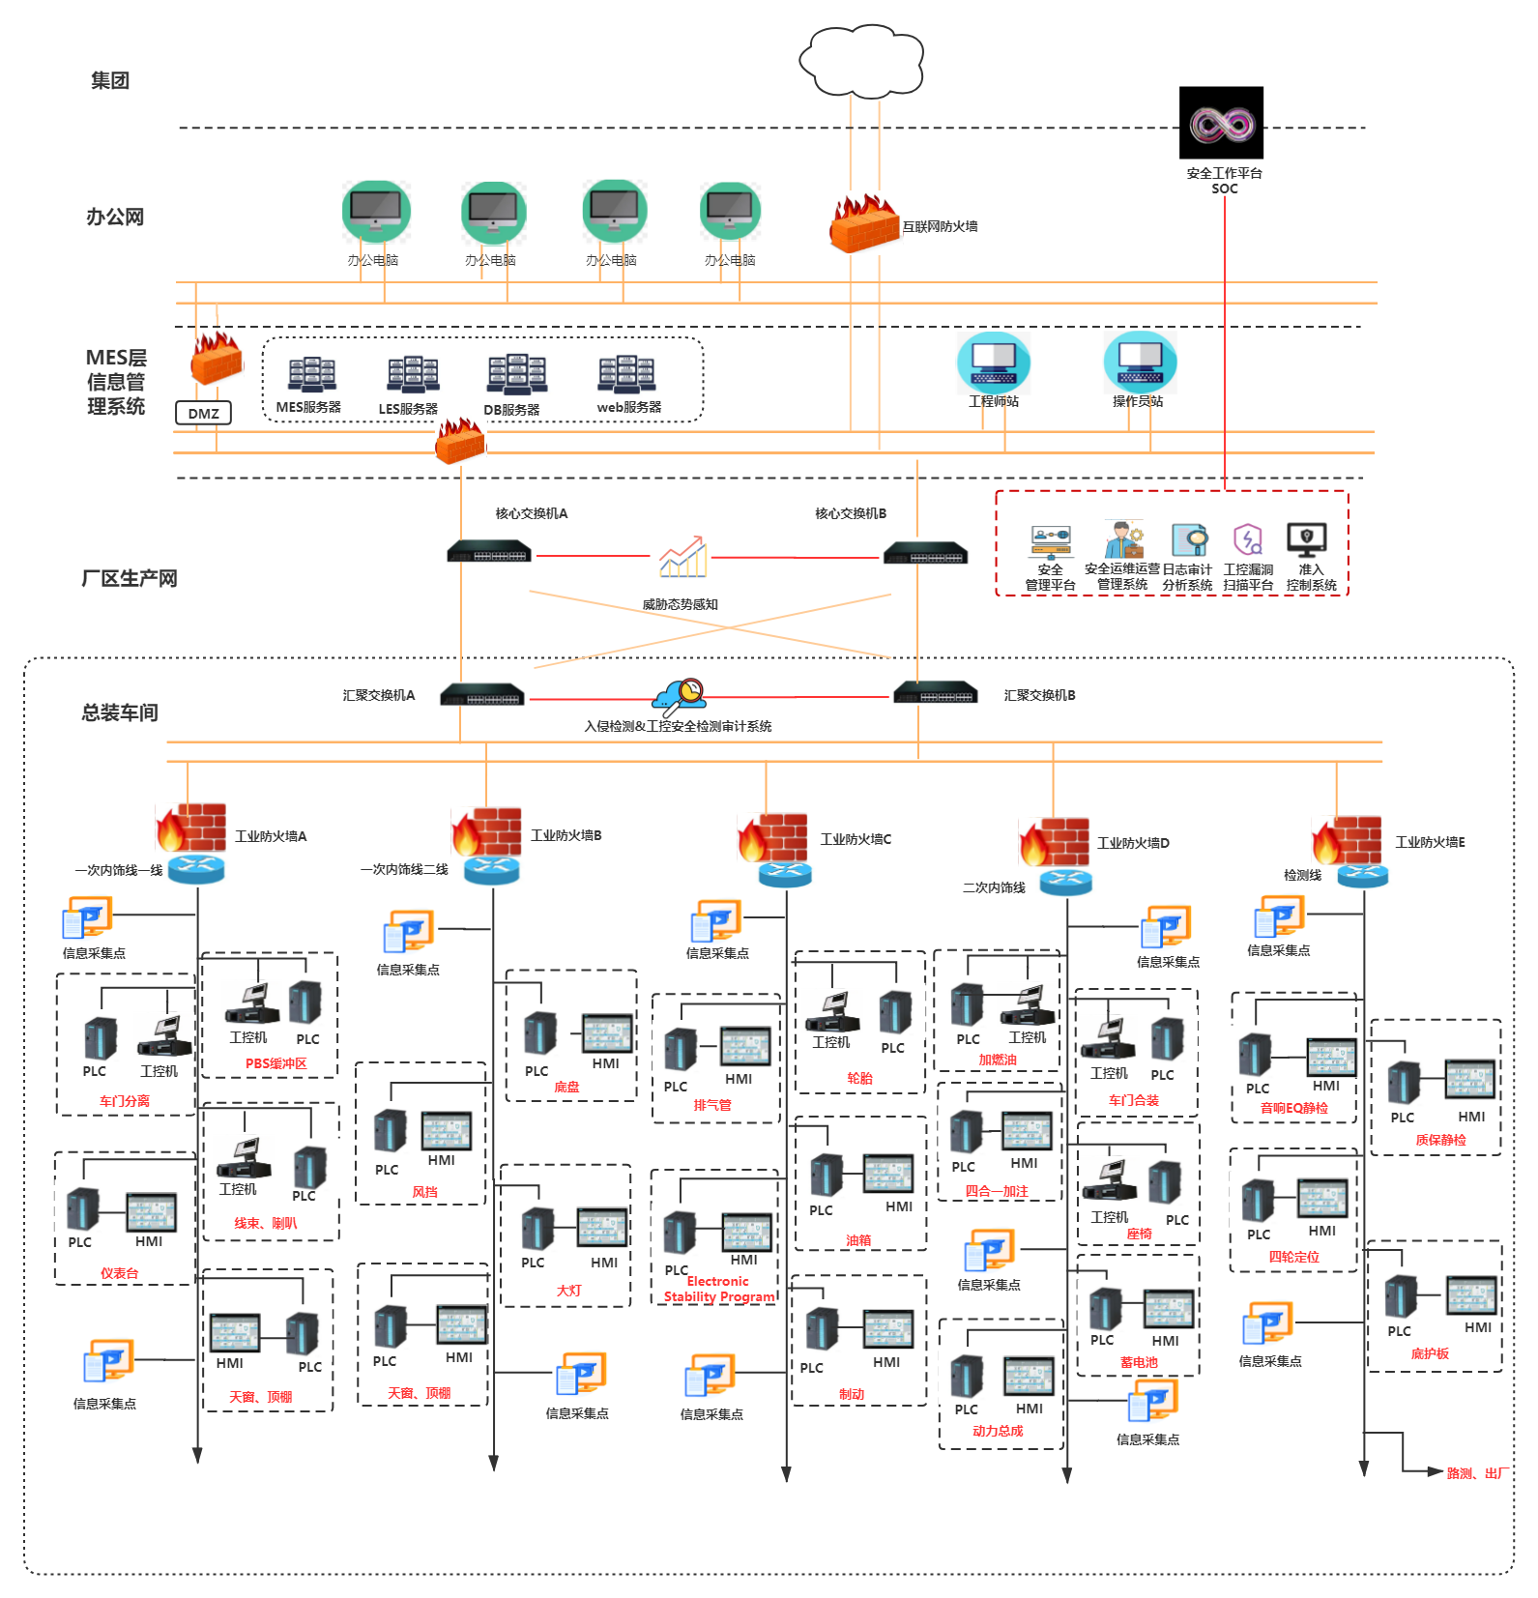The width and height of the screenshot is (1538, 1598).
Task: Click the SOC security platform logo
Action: [1221, 123]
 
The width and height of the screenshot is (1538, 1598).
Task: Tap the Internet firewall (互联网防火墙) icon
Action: [863, 224]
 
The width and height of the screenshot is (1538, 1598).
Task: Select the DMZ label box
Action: [203, 414]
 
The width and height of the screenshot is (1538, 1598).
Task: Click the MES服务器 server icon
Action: [311, 375]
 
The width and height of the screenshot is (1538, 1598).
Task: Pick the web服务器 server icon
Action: [626, 374]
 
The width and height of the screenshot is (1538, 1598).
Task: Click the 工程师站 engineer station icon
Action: [993, 362]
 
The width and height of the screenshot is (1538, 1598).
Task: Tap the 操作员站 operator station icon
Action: [1140, 362]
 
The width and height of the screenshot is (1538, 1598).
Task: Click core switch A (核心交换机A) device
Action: [489, 553]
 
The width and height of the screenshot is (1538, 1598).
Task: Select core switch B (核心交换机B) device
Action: [925, 554]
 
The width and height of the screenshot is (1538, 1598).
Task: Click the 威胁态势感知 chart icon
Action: [682, 558]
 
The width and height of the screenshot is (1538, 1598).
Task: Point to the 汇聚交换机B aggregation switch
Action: [935, 694]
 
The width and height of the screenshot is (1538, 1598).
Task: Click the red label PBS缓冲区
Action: [276, 1063]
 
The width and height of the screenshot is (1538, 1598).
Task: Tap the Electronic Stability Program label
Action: [719, 1289]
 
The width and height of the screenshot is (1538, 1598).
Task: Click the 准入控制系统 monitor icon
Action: [1306, 539]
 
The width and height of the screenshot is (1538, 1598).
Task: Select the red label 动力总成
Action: [997, 1431]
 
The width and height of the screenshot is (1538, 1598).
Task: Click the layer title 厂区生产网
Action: [129, 578]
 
